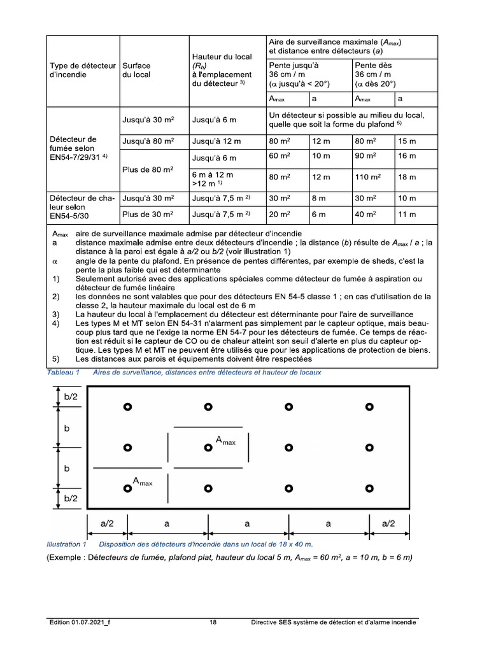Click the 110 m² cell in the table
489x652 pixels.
(367, 178)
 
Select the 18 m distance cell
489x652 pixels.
(406, 178)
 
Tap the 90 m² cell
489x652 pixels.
(365, 157)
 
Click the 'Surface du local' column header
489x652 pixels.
(137, 69)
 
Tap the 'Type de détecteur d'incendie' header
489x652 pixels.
(80, 69)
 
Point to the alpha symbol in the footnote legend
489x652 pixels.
(55, 261)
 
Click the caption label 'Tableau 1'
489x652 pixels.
(62, 372)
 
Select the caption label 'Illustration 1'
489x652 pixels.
(66, 544)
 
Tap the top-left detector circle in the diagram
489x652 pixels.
(127, 407)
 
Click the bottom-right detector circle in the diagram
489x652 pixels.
(369, 488)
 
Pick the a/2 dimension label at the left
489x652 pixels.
(107, 523)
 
